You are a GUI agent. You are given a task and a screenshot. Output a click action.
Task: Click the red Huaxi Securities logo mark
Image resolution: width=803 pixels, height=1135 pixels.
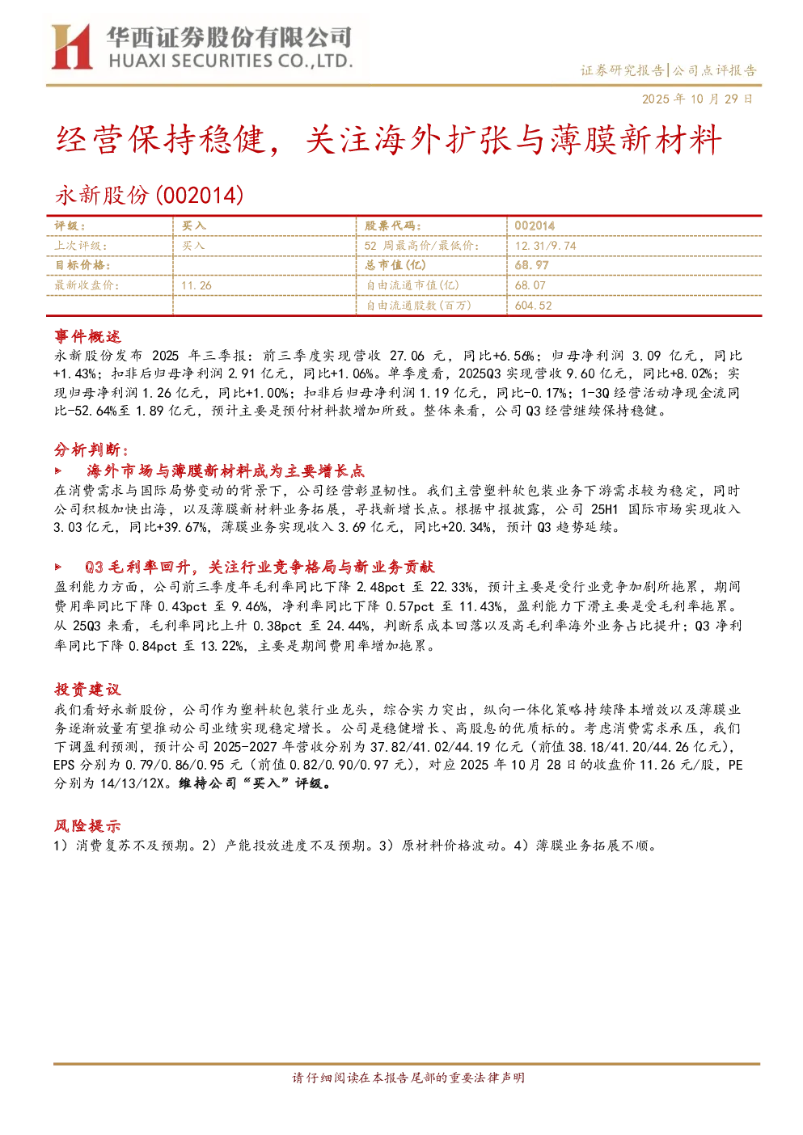71,46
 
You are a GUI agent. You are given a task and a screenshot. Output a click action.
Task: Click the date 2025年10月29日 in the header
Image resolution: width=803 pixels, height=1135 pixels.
697,99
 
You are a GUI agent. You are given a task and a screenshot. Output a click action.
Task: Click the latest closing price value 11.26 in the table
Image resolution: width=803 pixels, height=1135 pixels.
197,285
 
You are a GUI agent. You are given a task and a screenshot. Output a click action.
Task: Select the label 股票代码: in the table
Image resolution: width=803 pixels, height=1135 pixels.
393,226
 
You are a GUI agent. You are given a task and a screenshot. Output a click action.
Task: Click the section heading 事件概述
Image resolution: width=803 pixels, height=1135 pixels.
87,336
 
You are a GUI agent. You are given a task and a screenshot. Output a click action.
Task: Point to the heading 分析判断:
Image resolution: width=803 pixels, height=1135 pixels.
91,449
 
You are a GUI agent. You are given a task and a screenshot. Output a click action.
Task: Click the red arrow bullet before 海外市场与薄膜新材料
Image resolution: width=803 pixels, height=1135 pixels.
58,470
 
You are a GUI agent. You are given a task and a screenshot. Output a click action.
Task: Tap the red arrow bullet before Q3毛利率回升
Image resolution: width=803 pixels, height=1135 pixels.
58,567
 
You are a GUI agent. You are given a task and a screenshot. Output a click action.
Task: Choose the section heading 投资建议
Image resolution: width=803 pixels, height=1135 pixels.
87,689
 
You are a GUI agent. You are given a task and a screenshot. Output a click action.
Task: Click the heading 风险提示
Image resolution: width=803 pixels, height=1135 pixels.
87,825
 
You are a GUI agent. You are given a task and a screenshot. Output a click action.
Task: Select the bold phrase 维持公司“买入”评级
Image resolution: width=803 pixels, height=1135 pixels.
255,783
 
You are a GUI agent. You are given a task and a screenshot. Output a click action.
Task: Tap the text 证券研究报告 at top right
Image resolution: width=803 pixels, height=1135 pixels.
622,70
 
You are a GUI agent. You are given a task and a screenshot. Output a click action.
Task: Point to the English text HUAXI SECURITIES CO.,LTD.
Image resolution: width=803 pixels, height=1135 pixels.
230,61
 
